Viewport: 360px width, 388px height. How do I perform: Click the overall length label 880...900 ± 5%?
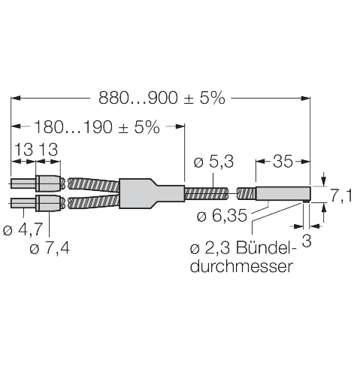point(162,98)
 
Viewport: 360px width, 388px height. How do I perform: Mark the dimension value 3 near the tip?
point(306,241)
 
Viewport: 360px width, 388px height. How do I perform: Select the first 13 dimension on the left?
point(22,151)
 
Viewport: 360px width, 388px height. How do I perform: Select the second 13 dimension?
point(48,151)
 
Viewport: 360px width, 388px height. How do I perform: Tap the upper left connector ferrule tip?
point(20,183)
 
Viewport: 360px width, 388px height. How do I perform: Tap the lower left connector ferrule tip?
point(20,202)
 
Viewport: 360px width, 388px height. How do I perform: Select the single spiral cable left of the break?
point(204,192)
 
